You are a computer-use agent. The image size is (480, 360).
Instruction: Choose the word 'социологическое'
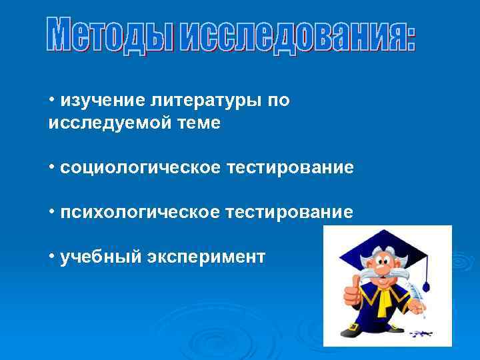pyautogui.click(x=139, y=167)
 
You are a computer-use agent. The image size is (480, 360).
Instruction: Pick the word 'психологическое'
pyautogui.click(x=139, y=212)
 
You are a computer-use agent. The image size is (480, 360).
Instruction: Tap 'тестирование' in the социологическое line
pyautogui.click(x=289, y=167)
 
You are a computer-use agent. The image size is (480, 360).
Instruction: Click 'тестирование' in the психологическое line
pyautogui.click(x=289, y=212)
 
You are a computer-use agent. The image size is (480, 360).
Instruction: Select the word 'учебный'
pyautogui.click(x=99, y=257)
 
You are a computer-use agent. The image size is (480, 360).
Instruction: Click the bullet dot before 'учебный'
pyautogui.click(x=51, y=256)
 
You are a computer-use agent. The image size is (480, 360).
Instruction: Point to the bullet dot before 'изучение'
pyautogui.click(x=51, y=100)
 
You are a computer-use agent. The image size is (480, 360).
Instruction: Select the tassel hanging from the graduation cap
pyautogui.click(x=427, y=280)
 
